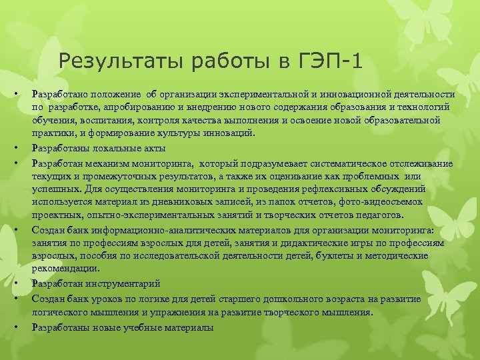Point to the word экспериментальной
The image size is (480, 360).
tap(254, 95)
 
